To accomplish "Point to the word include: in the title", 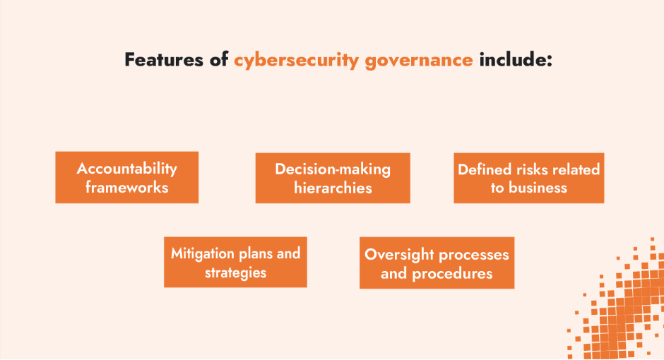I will (515, 59).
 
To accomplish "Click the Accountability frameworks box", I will (127, 177).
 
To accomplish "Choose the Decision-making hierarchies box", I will (333, 178).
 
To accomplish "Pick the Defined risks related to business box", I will (529, 178).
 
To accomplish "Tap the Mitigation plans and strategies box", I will (235, 262).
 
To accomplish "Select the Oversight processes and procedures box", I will (437, 263).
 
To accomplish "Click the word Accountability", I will (127, 168).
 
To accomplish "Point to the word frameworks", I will (127, 187).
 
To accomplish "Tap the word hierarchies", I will (333, 188).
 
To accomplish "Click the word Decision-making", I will (333, 169).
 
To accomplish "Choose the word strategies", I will (235, 272).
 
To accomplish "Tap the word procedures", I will (452, 273).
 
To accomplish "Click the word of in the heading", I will (219, 59).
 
